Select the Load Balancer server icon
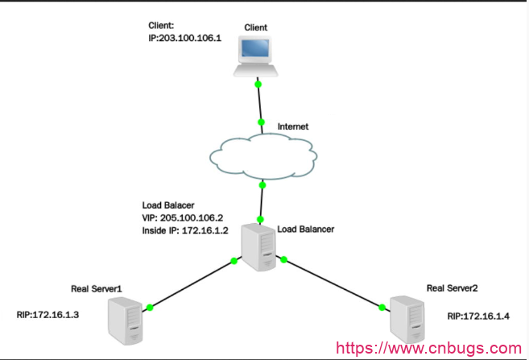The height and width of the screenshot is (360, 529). [x=258, y=246]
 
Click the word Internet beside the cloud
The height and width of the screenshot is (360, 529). [x=293, y=127]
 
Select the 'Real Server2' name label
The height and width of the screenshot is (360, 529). [x=454, y=288]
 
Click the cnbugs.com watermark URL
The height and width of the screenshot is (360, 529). [x=428, y=349]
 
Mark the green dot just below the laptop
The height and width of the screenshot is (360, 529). [x=258, y=84]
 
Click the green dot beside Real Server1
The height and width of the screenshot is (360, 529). [x=151, y=306]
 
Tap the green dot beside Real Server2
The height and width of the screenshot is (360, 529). [x=381, y=304]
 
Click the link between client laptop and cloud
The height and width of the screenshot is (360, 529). [x=259, y=103]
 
